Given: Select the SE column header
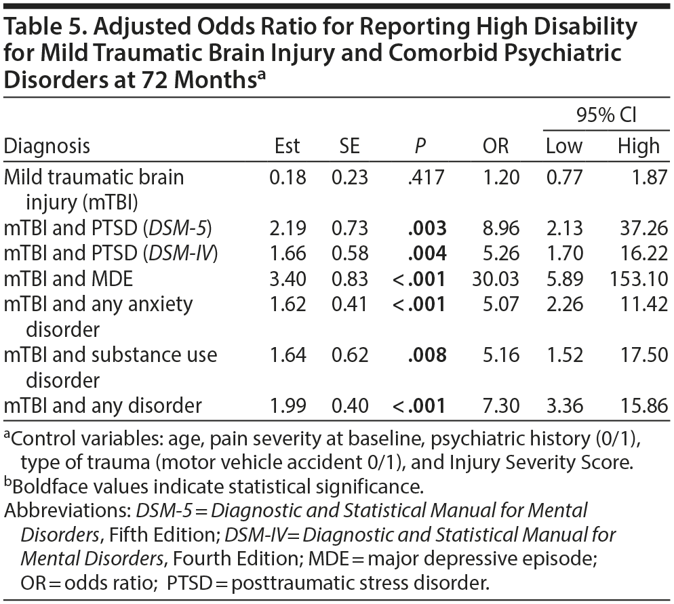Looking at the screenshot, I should click(349, 146).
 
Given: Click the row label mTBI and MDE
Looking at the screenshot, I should click(68, 279).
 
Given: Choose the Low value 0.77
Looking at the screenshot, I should click(564, 178).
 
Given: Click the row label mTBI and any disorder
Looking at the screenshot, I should click(102, 406).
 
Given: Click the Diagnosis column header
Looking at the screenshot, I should click(47, 146).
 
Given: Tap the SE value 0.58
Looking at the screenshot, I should click(349, 254).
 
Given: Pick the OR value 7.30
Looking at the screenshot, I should click(502, 406).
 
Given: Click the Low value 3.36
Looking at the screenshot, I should click(564, 406).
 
